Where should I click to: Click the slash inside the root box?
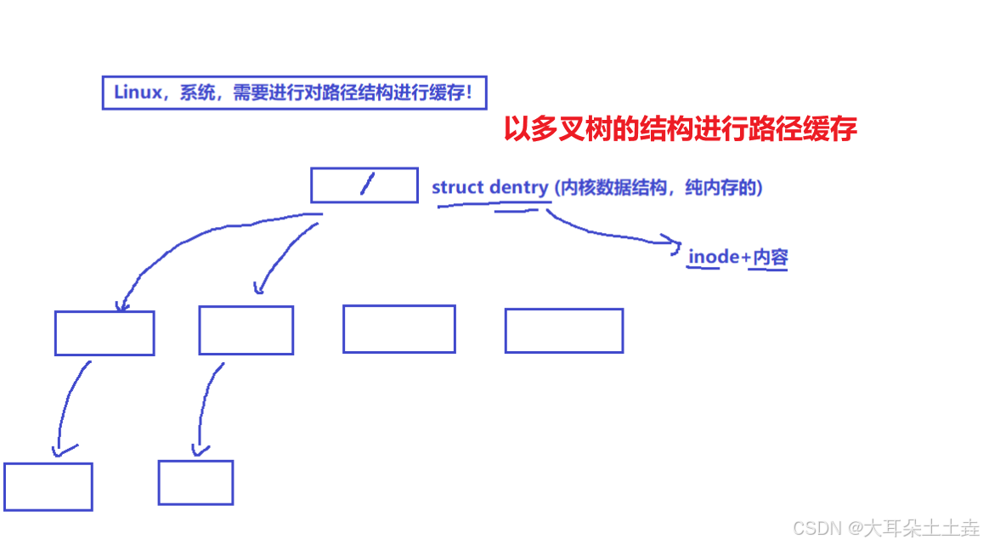[366, 185]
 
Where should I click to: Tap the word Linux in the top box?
[137, 93]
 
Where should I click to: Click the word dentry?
[518, 187]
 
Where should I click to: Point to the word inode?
[715, 256]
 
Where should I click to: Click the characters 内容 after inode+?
[770, 256]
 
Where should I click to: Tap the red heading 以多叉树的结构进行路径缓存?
[680, 129]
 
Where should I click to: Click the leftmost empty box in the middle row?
[105, 332]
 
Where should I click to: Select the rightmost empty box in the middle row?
[563, 330]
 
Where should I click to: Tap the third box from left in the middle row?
[398, 328]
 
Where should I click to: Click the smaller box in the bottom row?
[195, 482]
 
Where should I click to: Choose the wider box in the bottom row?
[48, 486]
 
